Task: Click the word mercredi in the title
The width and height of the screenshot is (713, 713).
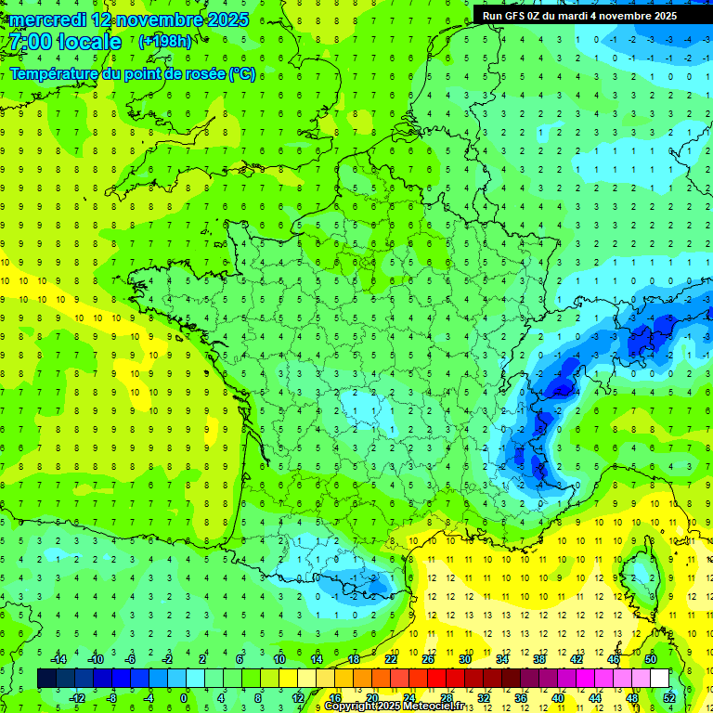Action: [45, 19]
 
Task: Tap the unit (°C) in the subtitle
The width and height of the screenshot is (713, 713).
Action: [242, 74]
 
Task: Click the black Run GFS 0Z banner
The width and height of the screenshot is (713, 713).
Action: [592, 16]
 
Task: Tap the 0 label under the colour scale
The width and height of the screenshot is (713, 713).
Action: [184, 697]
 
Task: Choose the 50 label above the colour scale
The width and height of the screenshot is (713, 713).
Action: [651, 659]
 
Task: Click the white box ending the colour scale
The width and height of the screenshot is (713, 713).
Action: [659, 678]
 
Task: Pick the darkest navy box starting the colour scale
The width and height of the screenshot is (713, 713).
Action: [46, 678]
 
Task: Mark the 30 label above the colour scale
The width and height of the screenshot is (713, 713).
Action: [464, 659]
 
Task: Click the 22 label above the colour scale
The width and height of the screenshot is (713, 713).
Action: [391, 659]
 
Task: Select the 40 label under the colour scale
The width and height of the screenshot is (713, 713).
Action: [558, 697]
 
